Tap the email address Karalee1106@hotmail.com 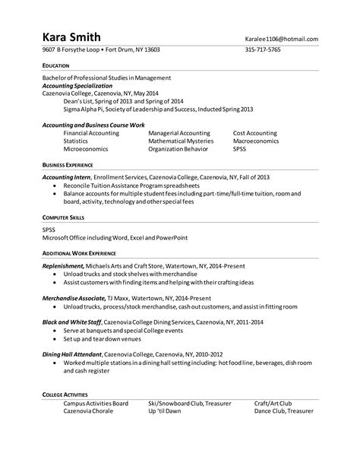(281, 39)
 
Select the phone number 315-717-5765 (263, 50)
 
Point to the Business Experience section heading (68, 164)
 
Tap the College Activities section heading (65, 395)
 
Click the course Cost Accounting (256, 132)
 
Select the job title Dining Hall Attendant (73, 354)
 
